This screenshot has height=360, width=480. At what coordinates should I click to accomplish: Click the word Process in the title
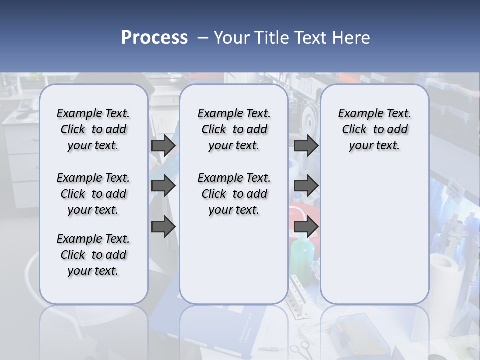pyautogui.click(x=154, y=38)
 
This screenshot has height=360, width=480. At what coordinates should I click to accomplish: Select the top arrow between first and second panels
pyautogui.click(x=163, y=145)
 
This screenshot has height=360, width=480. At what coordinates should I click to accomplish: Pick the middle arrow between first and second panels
pyautogui.click(x=163, y=186)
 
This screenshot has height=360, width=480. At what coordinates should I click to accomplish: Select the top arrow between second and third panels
pyautogui.click(x=306, y=145)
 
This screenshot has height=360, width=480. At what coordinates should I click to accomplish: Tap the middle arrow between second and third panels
pyautogui.click(x=306, y=186)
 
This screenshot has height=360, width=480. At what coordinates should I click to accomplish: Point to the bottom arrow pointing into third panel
pyautogui.click(x=306, y=226)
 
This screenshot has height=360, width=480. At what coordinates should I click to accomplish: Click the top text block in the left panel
pyautogui.click(x=93, y=129)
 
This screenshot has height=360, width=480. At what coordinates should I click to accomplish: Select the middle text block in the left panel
pyautogui.click(x=93, y=194)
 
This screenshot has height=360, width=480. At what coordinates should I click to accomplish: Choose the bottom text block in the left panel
pyautogui.click(x=93, y=255)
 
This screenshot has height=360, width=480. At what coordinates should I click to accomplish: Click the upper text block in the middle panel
pyautogui.click(x=234, y=129)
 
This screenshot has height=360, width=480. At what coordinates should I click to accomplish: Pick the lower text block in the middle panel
pyautogui.click(x=234, y=194)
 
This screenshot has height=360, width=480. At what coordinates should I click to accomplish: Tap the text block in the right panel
pyautogui.click(x=374, y=129)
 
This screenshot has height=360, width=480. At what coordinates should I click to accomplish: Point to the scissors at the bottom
pyautogui.click(x=299, y=348)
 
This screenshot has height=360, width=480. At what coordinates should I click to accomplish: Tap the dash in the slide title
pyautogui.click(x=202, y=38)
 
